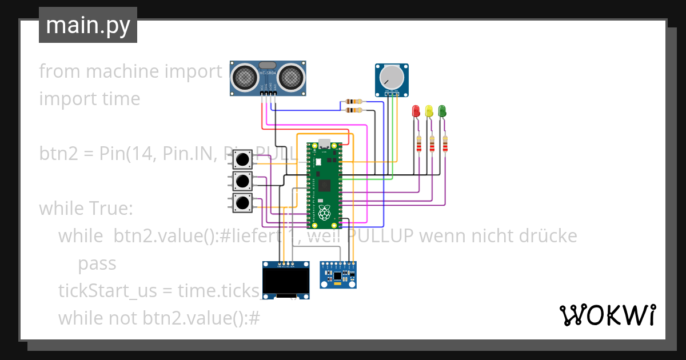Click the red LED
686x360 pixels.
(416, 111)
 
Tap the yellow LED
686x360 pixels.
(429, 111)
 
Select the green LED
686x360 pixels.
(442, 111)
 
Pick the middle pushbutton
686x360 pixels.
(243, 181)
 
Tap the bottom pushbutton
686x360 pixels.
(243, 202)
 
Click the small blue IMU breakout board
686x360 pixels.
(338, 275)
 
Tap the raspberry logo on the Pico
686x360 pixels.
(324, 214)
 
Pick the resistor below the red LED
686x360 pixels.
(419, 145)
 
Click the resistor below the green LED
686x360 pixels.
(445, 145)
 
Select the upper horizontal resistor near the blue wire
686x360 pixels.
(354, 102)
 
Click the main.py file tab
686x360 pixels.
(88, 25)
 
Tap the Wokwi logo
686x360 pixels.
(607, 315)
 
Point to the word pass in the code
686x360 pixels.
(97, 263)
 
